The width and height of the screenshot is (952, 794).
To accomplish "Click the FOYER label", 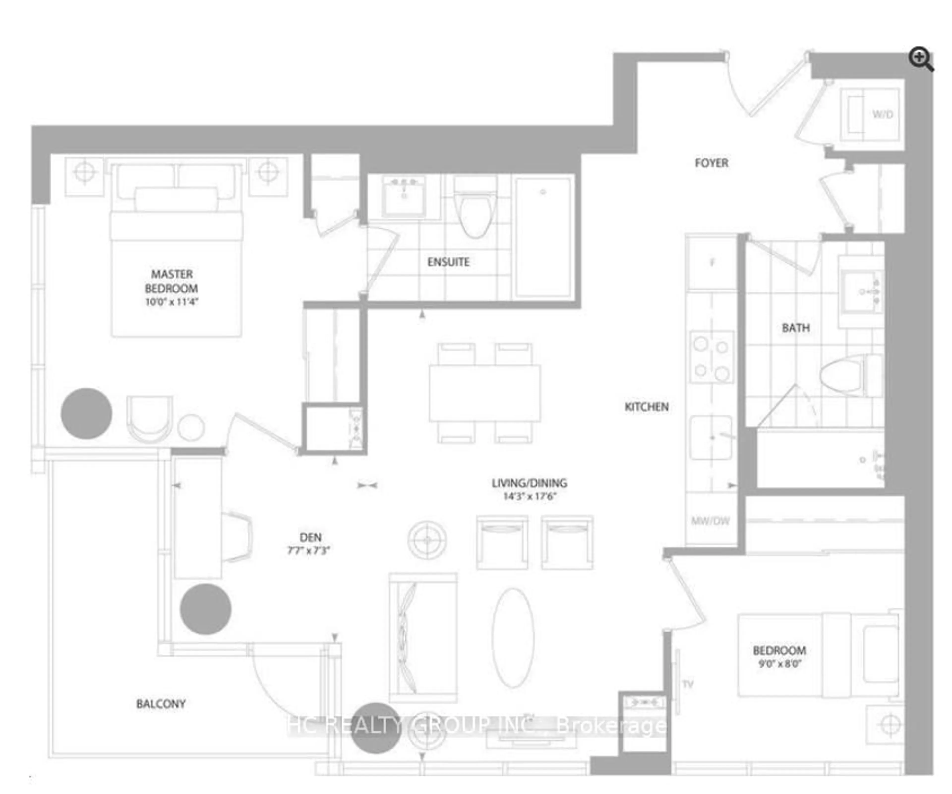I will tap(711, 163).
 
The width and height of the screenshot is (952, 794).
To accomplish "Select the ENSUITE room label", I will tap(448, 262).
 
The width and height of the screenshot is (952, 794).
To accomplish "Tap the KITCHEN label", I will tap(647, 407).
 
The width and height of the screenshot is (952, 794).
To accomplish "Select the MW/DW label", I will tap(710, 521).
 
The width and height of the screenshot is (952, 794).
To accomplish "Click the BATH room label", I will tap(796, 328).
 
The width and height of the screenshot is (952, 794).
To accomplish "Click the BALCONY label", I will tap(161, 704).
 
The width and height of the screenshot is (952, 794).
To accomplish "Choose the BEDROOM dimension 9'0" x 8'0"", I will tap(779, 664).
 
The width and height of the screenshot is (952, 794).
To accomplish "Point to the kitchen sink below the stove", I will tap(711, 438).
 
